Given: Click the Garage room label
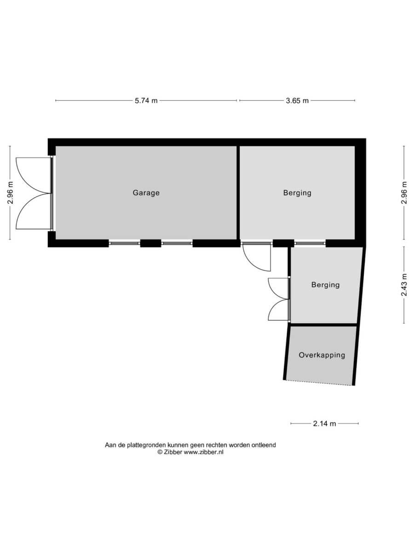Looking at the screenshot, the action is click(x=146, y=193).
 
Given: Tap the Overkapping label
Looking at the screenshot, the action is click(x=322, y=355).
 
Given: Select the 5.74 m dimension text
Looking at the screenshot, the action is click(x=146, y=101).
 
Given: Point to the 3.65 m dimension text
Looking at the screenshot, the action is click(x=297, y=101).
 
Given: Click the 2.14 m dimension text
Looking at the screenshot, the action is click(x=324, y=424).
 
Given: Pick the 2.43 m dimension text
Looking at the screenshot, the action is click(x=404, y=285).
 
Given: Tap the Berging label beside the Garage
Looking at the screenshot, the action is click(x=297, y=193).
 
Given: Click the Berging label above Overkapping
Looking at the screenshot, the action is click(x=325, y=285).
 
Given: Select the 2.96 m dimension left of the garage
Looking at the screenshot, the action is click(x=10, y=192).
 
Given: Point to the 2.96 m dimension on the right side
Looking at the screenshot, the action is click(x=404, y=192).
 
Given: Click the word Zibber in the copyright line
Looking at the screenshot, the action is click(x=173, y=452).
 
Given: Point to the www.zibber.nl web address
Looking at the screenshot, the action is click(x=204, y=452).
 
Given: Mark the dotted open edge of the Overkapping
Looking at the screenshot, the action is click(x=319, y=383).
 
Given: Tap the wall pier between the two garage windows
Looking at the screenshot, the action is click(x=150, y=243).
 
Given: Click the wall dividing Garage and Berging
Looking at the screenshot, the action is click(x=238, y=193).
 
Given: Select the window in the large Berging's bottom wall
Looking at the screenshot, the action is click(x=310, y=243).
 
